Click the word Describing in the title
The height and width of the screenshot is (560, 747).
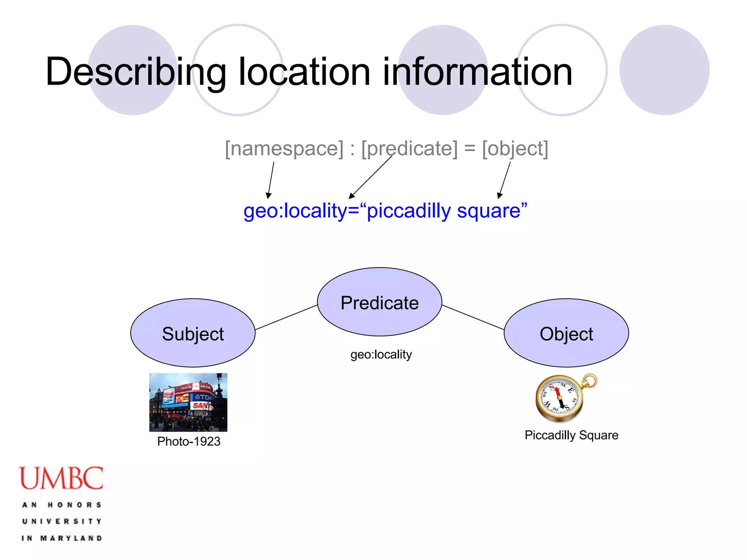136,72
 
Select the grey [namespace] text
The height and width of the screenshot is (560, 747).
284,148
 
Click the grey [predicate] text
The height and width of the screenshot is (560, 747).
409,148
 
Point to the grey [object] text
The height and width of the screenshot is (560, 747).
515,148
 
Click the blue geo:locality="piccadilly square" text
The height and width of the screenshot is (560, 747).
385,211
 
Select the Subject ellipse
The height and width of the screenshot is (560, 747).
193,333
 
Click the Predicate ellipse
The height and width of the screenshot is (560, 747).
379,302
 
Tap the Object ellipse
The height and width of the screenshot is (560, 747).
566,333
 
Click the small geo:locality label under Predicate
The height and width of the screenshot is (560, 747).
381,354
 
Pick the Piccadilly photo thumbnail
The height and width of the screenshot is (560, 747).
188,402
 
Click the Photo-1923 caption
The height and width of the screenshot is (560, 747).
189,442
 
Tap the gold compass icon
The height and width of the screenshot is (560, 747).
564,398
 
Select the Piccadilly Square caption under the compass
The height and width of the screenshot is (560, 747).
571,435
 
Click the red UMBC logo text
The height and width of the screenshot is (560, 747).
61,478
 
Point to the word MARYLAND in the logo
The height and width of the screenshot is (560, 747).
71,538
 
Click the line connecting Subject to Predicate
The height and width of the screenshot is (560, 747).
286,317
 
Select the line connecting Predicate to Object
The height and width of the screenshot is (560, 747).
473,317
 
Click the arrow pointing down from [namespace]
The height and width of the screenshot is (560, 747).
271,180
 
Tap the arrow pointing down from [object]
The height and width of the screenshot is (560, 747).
505,180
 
